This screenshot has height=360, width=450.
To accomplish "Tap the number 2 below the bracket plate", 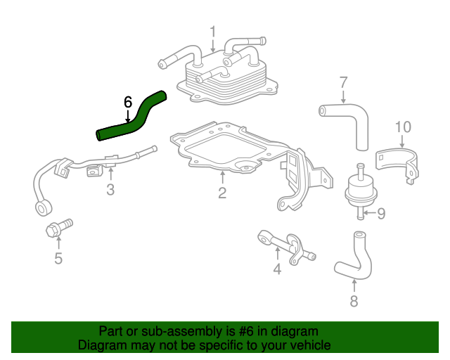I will (221, 192).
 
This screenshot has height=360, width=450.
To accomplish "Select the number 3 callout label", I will (110, 189).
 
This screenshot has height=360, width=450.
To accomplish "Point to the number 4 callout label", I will (277, 269).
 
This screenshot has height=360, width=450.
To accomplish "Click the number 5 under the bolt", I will (58, 259).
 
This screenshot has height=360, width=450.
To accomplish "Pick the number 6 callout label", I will (127, 103).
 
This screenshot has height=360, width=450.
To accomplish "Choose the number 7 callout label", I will (344, 82).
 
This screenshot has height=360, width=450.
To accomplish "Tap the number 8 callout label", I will (354, 302).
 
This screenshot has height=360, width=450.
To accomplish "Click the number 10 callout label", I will (402, 127).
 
